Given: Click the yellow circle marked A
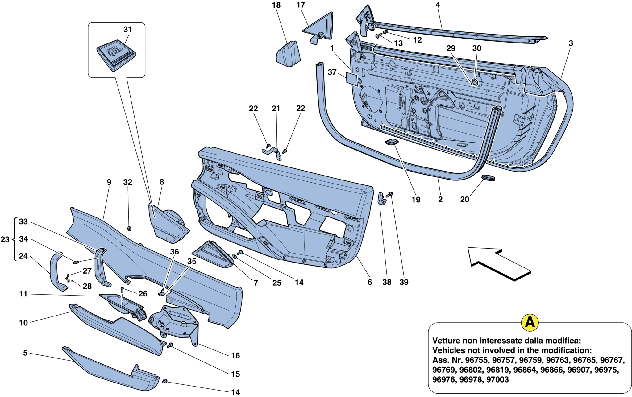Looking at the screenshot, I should click(530, 323).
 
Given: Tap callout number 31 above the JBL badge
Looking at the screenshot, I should click(127, 30).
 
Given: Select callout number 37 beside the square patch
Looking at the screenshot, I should click(332, 72).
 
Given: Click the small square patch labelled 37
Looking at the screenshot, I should click(352, 79).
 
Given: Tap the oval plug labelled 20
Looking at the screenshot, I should click(488, 178).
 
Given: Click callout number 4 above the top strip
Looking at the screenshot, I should click(438, 5).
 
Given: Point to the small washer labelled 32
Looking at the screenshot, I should click(129, 229).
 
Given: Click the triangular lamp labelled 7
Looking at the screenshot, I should click(213, 254).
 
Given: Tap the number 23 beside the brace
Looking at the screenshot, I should click(5, 239).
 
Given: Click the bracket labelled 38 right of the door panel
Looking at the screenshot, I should click(382, 199).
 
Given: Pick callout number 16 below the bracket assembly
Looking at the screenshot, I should click(235, 356).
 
